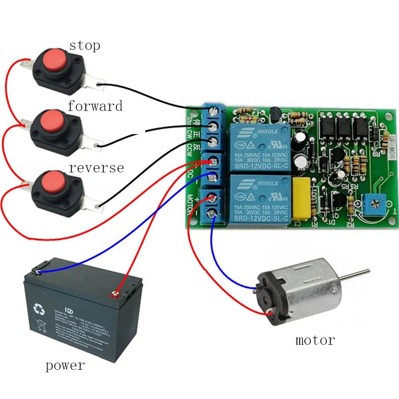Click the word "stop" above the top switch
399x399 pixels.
tap(85, 45)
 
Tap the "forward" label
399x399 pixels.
tap(95, 106)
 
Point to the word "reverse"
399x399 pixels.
tap(96, 168)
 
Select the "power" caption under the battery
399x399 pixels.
tap(65, 365)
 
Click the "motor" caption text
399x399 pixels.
tap(315, 340)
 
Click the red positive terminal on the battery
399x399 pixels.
tap(116, 295)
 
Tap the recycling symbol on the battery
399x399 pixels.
tap(40, 308)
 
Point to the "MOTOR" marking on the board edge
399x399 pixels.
tap(190, 204)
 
